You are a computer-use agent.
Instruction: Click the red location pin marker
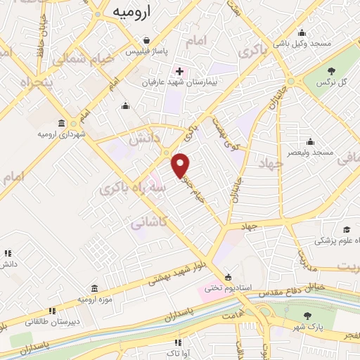pyautogui.click(x=181, y=165)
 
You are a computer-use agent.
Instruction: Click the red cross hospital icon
pyautogui.click(x=179, y=71)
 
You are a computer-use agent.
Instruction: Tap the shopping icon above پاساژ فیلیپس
pyautogui.click(x=146, y=40)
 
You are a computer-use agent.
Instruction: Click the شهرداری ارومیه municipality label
pyautogui.click(x=63, y=134)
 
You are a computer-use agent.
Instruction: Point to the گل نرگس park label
pyautogui.click(x=333, y=82)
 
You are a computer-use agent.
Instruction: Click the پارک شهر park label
pyautogui.click(x=305, y=328)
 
